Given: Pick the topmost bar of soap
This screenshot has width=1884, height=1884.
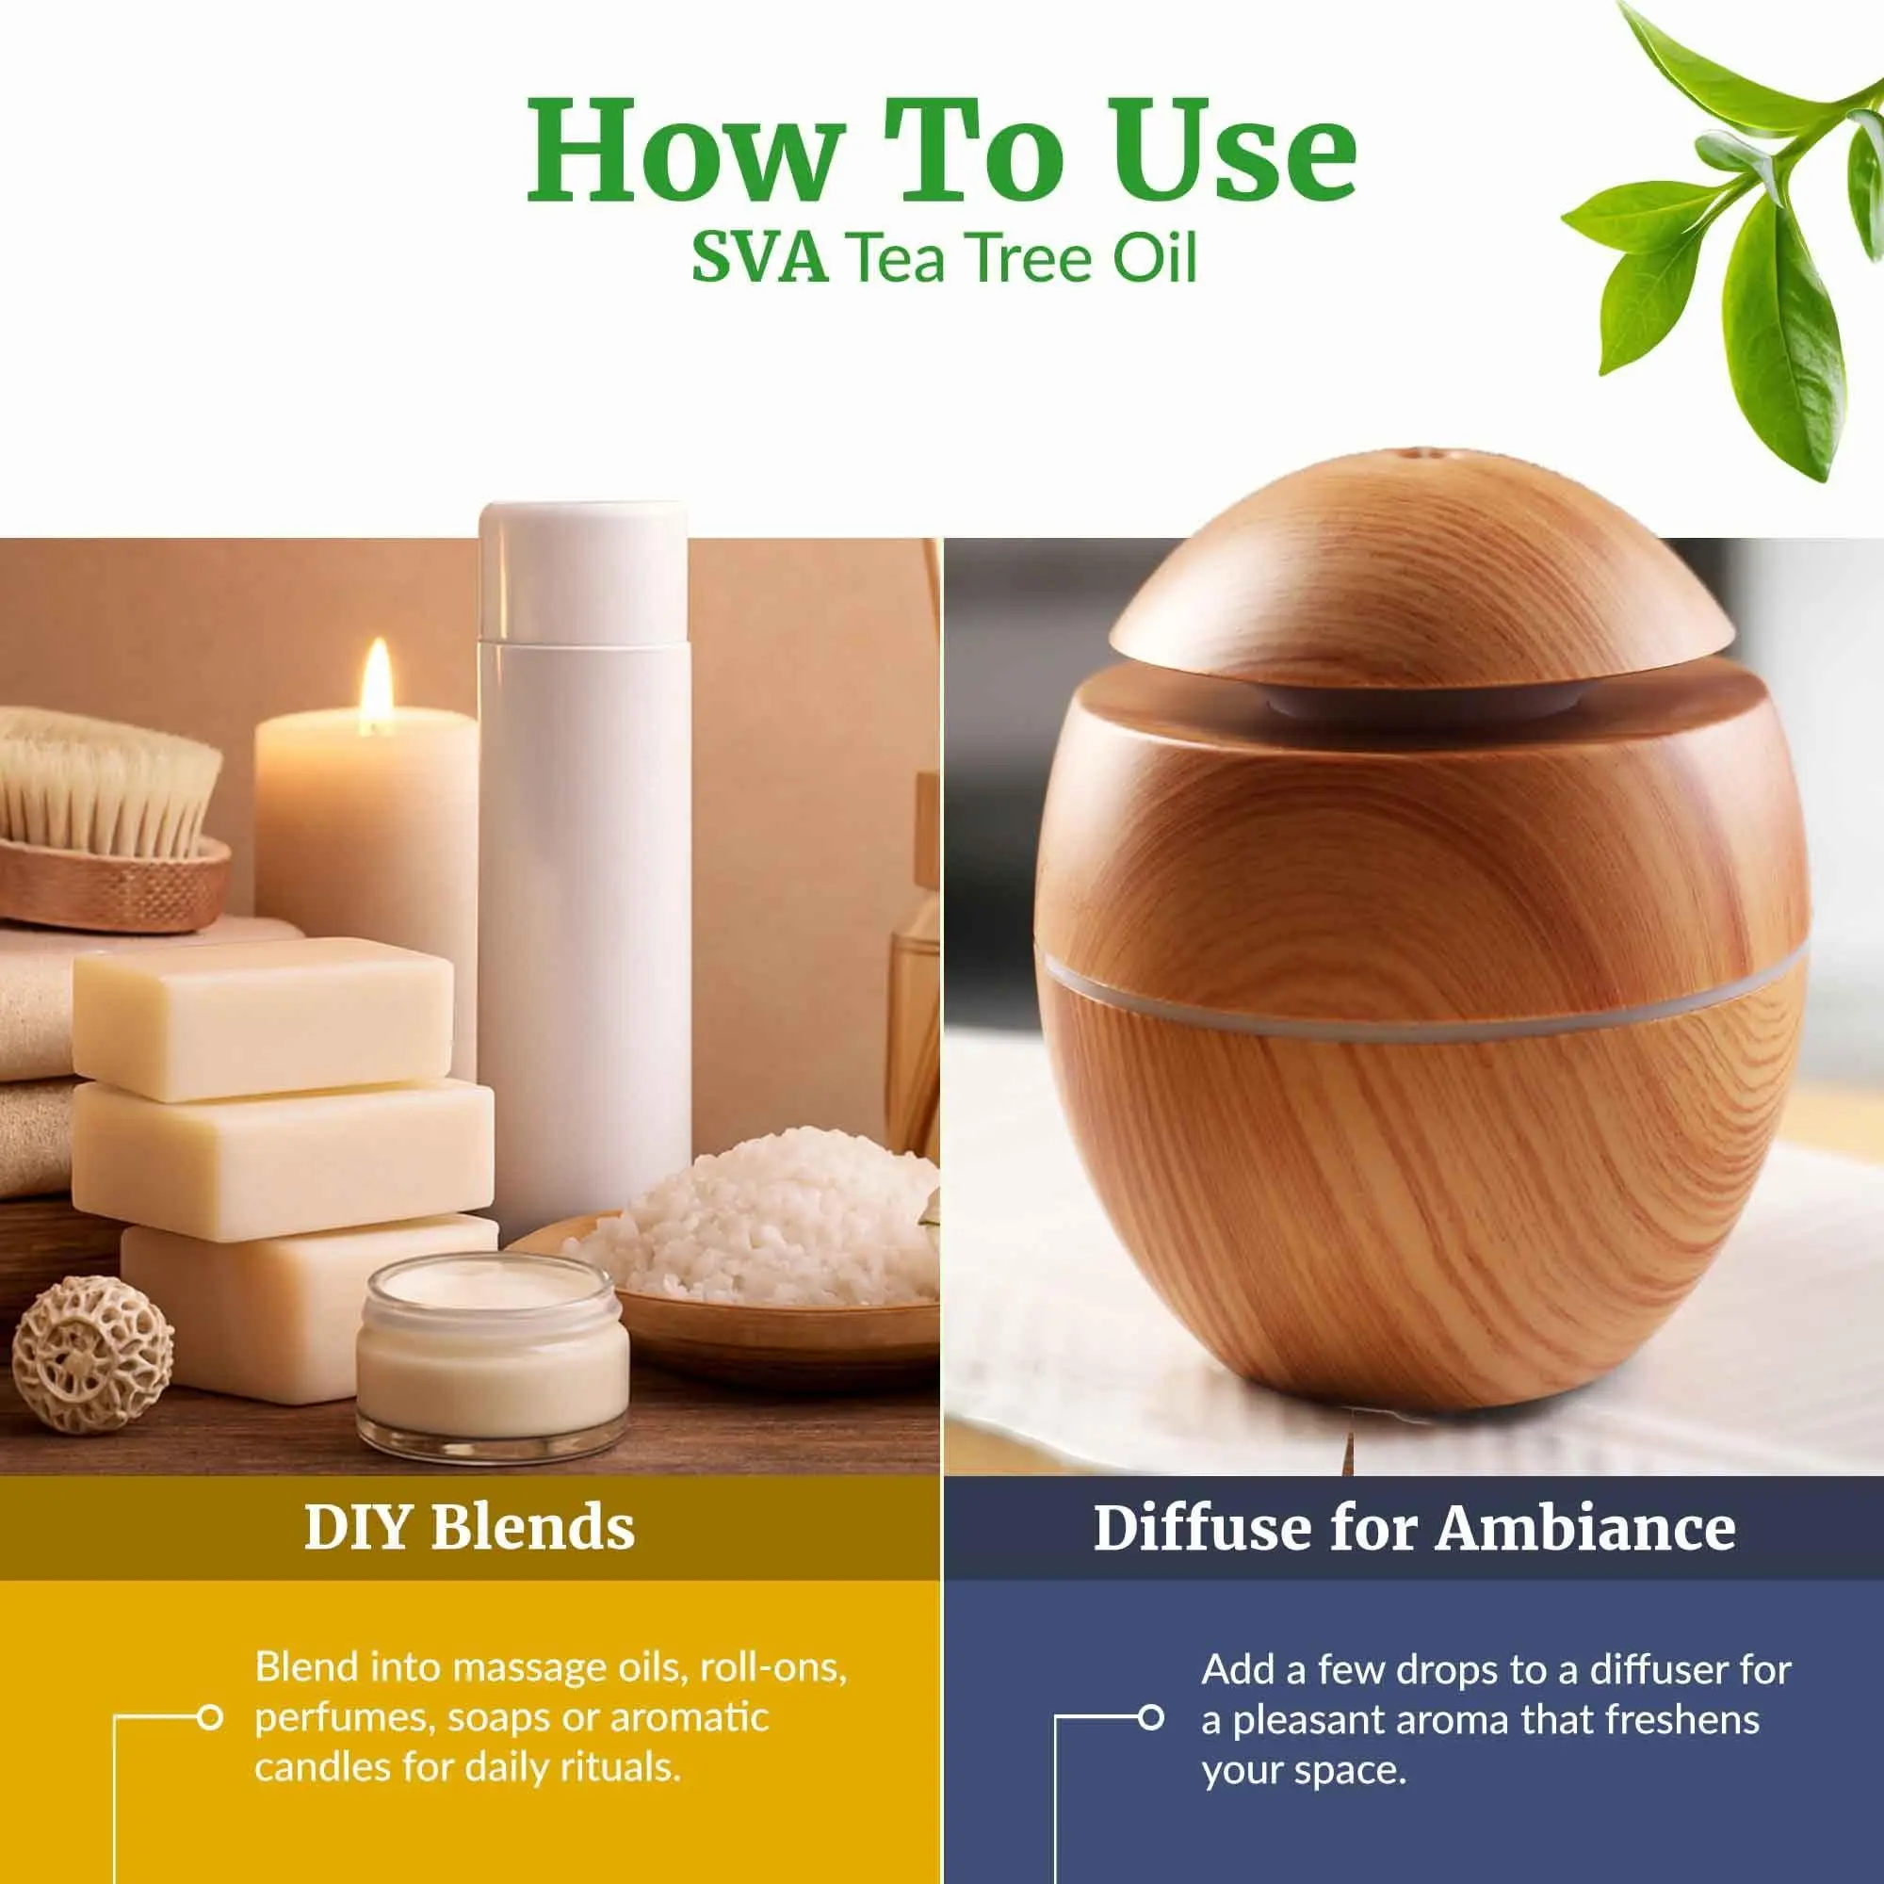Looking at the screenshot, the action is point(264,1018).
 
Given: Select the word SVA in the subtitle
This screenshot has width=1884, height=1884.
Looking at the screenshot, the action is point(759,258).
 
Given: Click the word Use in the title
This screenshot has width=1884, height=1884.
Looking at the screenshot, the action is point(1238,148).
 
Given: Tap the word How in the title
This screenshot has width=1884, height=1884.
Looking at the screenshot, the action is point(682,148).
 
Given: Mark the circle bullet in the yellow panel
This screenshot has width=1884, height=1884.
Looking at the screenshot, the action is point(210,1717).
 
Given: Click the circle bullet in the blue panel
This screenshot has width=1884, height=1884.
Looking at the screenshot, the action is point(1151,1717).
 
